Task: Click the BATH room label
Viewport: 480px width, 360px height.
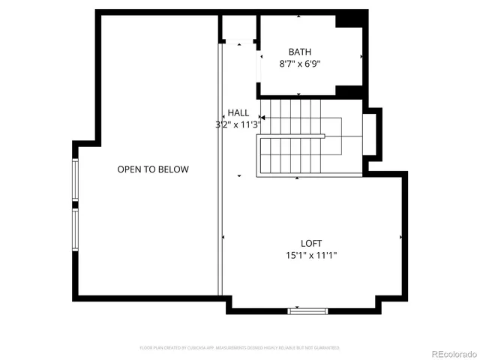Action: point(300,52)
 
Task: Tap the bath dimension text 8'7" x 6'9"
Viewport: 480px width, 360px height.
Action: point(300,64)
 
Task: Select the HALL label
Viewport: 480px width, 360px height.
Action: point(238,112)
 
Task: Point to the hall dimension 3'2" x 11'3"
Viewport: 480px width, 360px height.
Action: point(237,125)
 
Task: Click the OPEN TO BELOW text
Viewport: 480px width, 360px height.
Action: point(153,169)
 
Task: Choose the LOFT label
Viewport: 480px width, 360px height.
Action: point(311,243)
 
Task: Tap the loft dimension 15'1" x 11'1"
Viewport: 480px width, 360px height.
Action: point(311,256)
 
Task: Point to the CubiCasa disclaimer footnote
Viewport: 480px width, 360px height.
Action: point(240,348)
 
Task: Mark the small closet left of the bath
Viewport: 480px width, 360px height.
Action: point(238,28)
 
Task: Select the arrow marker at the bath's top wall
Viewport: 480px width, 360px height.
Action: point(298,16)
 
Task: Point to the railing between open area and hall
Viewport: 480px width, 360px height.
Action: point(221,172)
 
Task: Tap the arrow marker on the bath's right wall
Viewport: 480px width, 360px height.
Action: point(362,56)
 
